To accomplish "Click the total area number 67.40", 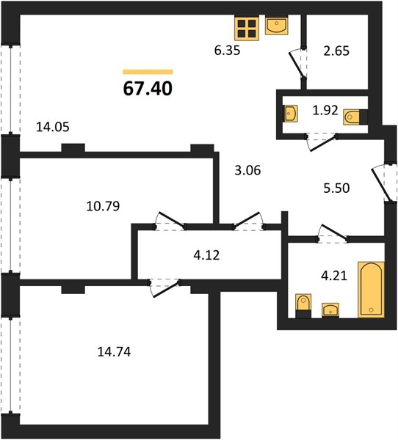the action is click(148, 89).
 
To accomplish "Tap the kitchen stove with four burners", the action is click(247, 29).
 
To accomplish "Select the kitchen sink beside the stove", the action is click(277, 26).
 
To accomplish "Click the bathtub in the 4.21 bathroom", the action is click(371, 290).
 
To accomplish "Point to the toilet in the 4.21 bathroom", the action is click(303, 306).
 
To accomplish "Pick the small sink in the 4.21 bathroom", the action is click(330, 310).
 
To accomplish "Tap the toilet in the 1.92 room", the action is click(355, 117).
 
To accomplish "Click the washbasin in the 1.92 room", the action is click(291, 114).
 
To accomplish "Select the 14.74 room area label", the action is click(114, 351).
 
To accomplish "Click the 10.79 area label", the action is click(103, 206).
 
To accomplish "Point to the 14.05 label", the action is click(53, 127).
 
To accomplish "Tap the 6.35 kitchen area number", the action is click(227, 51).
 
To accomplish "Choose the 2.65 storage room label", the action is click(336, 51).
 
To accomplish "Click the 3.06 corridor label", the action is click(247, 170).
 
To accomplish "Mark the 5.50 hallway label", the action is click(336, 188).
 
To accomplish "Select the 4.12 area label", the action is click(206, 255).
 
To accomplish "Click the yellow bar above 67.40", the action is click(148, 72).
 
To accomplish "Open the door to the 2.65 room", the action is click(298, 64).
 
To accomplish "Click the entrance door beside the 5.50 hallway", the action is click(383, 183).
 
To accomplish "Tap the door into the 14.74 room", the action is click(164, 287).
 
